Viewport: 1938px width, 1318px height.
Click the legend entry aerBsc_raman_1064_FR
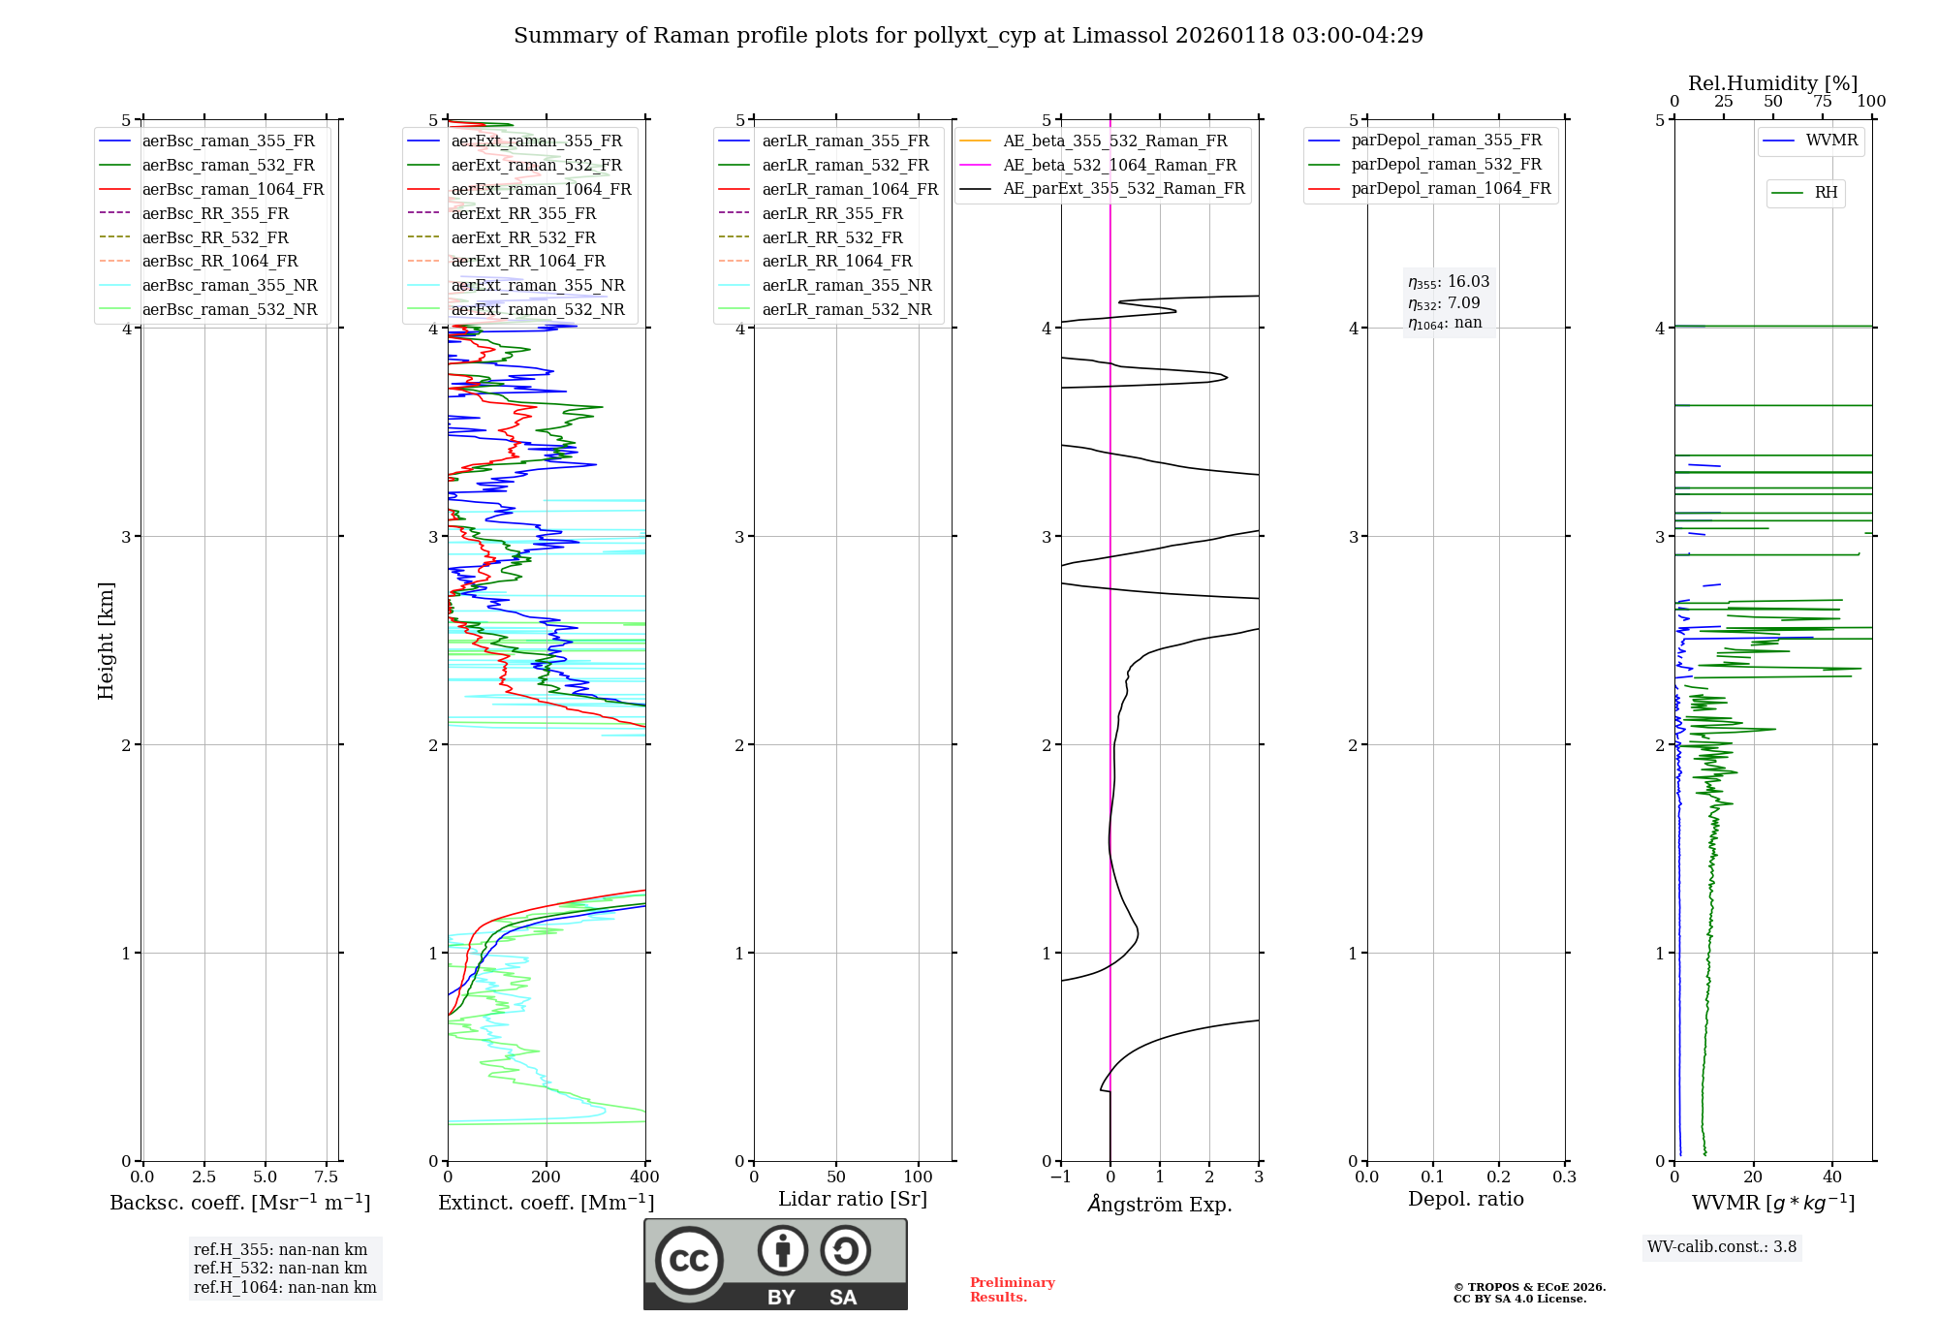[x=233, y=189]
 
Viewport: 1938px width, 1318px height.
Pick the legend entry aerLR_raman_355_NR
[x=846, y=285]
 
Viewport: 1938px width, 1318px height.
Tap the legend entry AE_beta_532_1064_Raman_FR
[x=1119, y=165]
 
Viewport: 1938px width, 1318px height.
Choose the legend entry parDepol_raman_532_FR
[x=1446, y=164]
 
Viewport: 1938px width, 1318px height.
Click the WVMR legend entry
[x=1831, y=141]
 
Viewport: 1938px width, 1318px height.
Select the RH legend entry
[x=1826, y=193]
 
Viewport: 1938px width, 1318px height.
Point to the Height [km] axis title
[x=106, y=640]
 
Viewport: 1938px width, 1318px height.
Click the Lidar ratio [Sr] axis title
[x=852, y=1199]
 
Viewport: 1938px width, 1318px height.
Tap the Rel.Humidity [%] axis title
[x=1772, y=83]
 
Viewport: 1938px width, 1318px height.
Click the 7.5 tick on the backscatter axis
[x=327, y=1177]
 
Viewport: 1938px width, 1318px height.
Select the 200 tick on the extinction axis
[x=547, y=1177]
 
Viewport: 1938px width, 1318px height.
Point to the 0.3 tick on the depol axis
[x=1564, y=1177]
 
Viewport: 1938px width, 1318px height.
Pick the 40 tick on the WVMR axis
[x=1831, y=1177]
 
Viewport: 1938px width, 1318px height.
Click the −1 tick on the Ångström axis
[x=1060, y=1177]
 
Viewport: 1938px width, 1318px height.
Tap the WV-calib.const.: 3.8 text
[x=1722, y=1246]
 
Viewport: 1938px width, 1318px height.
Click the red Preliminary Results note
[x=1012, y=1289]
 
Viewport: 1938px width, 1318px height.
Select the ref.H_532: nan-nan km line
[x=280, y=1268]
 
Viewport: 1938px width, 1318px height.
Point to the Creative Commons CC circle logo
[x=689, y=1260]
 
